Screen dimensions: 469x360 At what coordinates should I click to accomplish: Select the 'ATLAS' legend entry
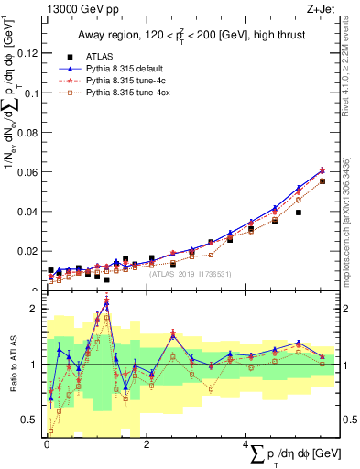[100, 55]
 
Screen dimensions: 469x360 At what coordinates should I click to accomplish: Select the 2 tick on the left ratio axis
[36, 309]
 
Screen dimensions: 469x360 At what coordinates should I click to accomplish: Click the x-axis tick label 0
[47, 444]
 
